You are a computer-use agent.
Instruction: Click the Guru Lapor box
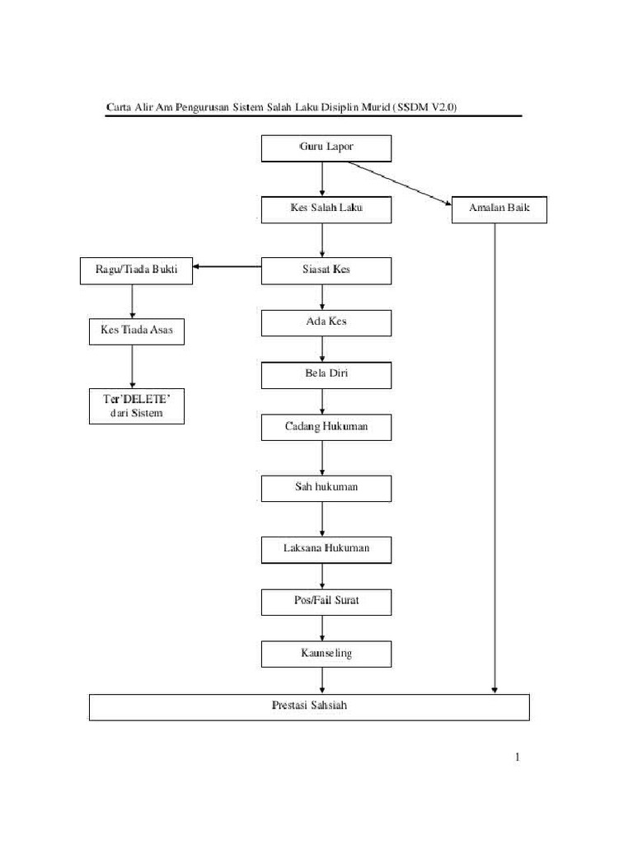click(326, 148)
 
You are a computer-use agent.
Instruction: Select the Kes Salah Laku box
click(326, 209)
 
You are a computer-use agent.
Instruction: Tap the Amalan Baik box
click(499, 210)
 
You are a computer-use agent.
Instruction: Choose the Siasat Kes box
click(326, 270)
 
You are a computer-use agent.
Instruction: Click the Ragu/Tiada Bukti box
click(136, 270)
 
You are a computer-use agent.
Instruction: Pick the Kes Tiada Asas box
click(137, 331)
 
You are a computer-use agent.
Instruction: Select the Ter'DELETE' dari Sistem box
click(137, 407)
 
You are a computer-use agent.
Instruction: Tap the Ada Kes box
click(326, 322)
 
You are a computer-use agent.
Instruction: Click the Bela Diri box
click(326, 375)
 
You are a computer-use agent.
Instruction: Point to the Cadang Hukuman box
click(326, 427)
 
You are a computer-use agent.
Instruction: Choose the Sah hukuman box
click(326, 488)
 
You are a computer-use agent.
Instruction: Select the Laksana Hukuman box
click(326, 549)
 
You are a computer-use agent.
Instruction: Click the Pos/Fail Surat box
click(326, 602)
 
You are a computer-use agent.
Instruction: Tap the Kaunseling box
click(326, 654)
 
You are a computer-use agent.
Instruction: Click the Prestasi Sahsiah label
click(309, 706)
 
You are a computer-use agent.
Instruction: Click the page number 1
click(517, 757)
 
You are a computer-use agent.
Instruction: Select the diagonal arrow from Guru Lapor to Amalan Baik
click(400, 182)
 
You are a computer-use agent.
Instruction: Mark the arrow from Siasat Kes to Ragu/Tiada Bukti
click(227, 266)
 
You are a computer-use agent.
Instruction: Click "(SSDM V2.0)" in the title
click(434, 107)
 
